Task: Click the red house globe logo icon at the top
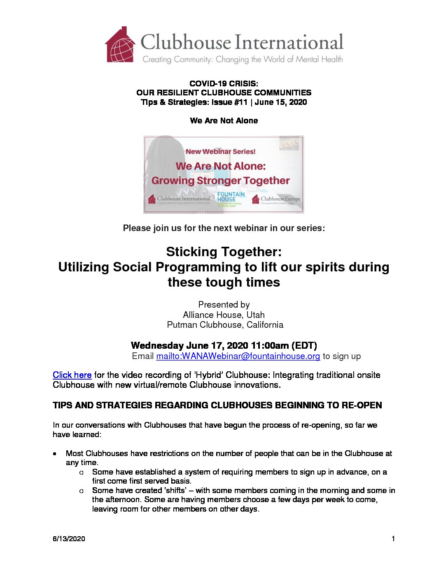click(120, 45)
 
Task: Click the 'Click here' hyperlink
click(72, 375)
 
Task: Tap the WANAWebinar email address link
click(238, 356)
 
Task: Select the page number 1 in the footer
click(393, 539)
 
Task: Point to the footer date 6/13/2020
click(69, 539)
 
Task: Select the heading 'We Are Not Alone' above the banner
click(224, 120)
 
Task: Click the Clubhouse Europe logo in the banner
click(276, 199)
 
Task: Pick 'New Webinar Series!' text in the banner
click(221, 151)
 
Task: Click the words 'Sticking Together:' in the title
click(224, 252)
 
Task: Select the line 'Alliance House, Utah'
click(224, 315)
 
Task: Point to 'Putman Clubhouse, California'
click(225, 325)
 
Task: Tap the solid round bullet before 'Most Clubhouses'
click(55, 454)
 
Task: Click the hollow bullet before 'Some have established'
click(82, 472)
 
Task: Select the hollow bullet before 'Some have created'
click(82, 491)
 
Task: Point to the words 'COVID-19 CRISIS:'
click(224, 83)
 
